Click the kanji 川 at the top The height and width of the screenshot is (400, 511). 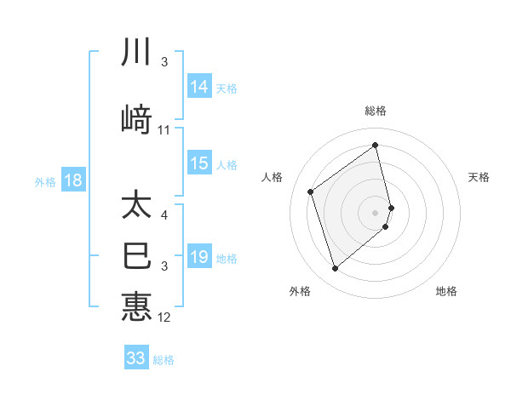click(x=136, y=53)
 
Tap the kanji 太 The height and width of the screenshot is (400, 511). click(x=136, y=206)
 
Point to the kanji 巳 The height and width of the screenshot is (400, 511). click(x=136, y=256)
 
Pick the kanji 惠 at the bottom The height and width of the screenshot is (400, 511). click(x=136, y=306)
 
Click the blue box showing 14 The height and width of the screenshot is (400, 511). click(x=199, y=87)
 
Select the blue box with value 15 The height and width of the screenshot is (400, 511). click(x=199, y=164)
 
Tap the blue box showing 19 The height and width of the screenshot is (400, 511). click(x=199, y=257)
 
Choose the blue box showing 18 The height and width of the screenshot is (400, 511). click(x=72, y=180)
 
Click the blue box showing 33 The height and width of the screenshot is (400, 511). click(x=136, y=358)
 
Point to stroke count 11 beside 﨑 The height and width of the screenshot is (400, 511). click(x=164, y=130)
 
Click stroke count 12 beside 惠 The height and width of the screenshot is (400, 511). click(x=164, y=317)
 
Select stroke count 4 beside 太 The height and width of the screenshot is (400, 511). click(x=164, y=216)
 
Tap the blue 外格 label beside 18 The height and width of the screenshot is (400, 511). click(x=45, y=181)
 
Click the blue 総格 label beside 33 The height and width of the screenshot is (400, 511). click(x=164, y=359)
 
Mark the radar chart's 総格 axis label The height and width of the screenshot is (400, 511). click(x=376, y=111)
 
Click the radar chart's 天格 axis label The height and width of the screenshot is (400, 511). click(x=479, y=177)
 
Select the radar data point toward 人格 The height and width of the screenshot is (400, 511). click(x=311, y=191)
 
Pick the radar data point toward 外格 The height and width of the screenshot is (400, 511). click(x=335, y=269)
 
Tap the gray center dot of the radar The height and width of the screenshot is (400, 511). click(x=376, y=212)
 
